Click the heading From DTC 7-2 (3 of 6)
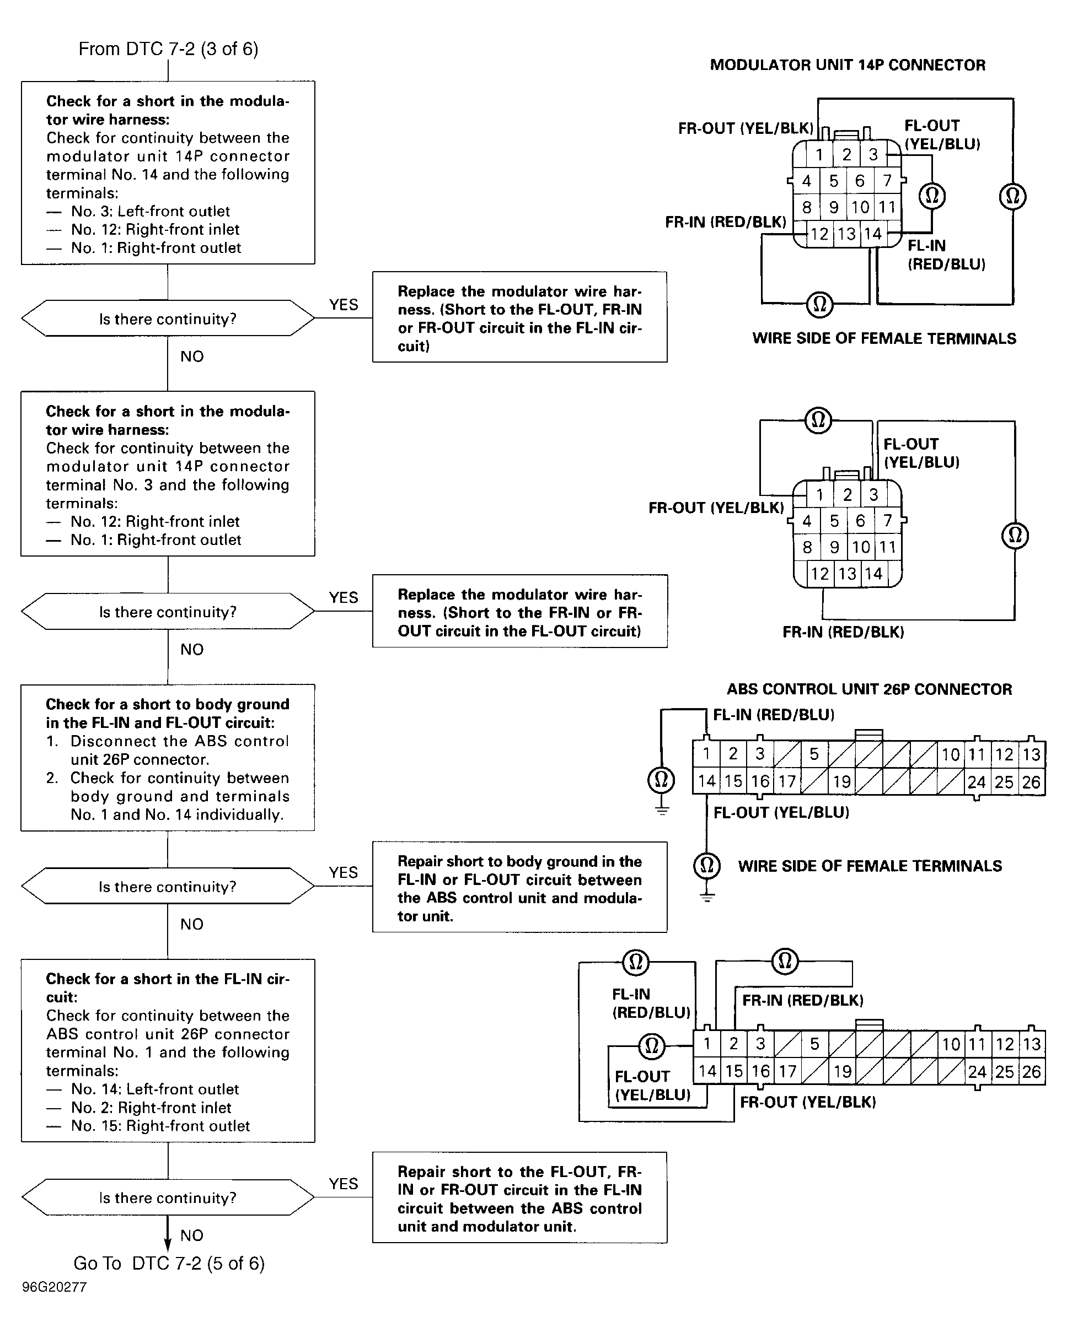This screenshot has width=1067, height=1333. [x=168, y=49]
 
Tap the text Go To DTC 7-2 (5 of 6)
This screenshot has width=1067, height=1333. [x=169, y=1263]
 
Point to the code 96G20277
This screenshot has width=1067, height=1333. [x=55, y=1287]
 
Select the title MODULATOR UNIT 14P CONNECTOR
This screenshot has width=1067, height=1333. [x=848, y=65]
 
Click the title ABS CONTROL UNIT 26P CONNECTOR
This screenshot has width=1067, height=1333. [x=869, y=689]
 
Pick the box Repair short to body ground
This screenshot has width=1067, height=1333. [x=519, y=887]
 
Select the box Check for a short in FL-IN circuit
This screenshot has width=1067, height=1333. [x=168, y=1050]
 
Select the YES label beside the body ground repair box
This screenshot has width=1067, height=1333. [x=344, y=872]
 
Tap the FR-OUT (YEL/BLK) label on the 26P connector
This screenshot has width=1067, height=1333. [x=808, y=1102]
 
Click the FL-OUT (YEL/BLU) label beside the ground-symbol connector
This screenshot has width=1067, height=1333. [x=781, y=812]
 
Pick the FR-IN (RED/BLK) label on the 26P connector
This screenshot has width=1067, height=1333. [x=803, y=1000]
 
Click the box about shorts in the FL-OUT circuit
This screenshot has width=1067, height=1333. [x=519, y=612]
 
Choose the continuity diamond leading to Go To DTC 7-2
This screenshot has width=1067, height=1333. [x=168, y=1197]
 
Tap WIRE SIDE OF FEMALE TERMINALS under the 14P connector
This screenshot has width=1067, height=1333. [x=884, y=338]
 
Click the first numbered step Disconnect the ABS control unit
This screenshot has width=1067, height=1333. [x=167, y=750]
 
